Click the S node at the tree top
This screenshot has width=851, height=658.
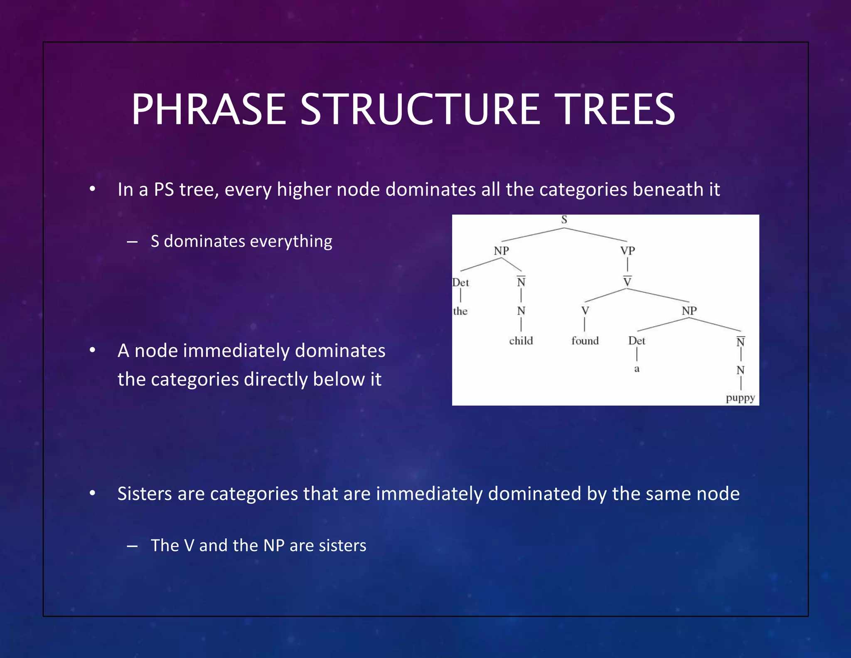pyautogui.click(x=564, y=220)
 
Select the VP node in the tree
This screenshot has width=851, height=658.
pyautogui.click(x=627, y=251)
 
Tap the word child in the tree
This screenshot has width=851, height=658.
pyautogui.click(x=521, y=341)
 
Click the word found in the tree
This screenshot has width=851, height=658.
pyautogui.click(x=585, y=341)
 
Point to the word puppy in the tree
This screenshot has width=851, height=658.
pyautogui.click(x=740, y=398)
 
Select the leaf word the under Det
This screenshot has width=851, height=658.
pyautogui.click(x=460, y=311)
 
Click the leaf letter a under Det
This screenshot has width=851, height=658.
pyautogui.click(x=637, y=369)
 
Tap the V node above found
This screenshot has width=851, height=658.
pyautogui.click(x=585, y=311)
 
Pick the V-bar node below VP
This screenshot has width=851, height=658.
pyautogui.click(x=627, y=282)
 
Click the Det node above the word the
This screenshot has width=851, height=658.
pyautogui.click(x=461, y=283)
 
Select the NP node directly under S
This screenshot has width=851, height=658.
pyautogui.click(x=501, y=251)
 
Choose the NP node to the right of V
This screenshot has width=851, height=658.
pyautogui.click(x=689, y=311)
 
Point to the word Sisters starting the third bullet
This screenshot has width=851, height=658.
pyautogui.click(x=144, y=494)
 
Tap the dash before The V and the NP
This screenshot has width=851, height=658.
pyautogui.click(x=132, y=546)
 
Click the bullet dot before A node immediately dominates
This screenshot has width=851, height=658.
pyautogui.click(x=92, y=351)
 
